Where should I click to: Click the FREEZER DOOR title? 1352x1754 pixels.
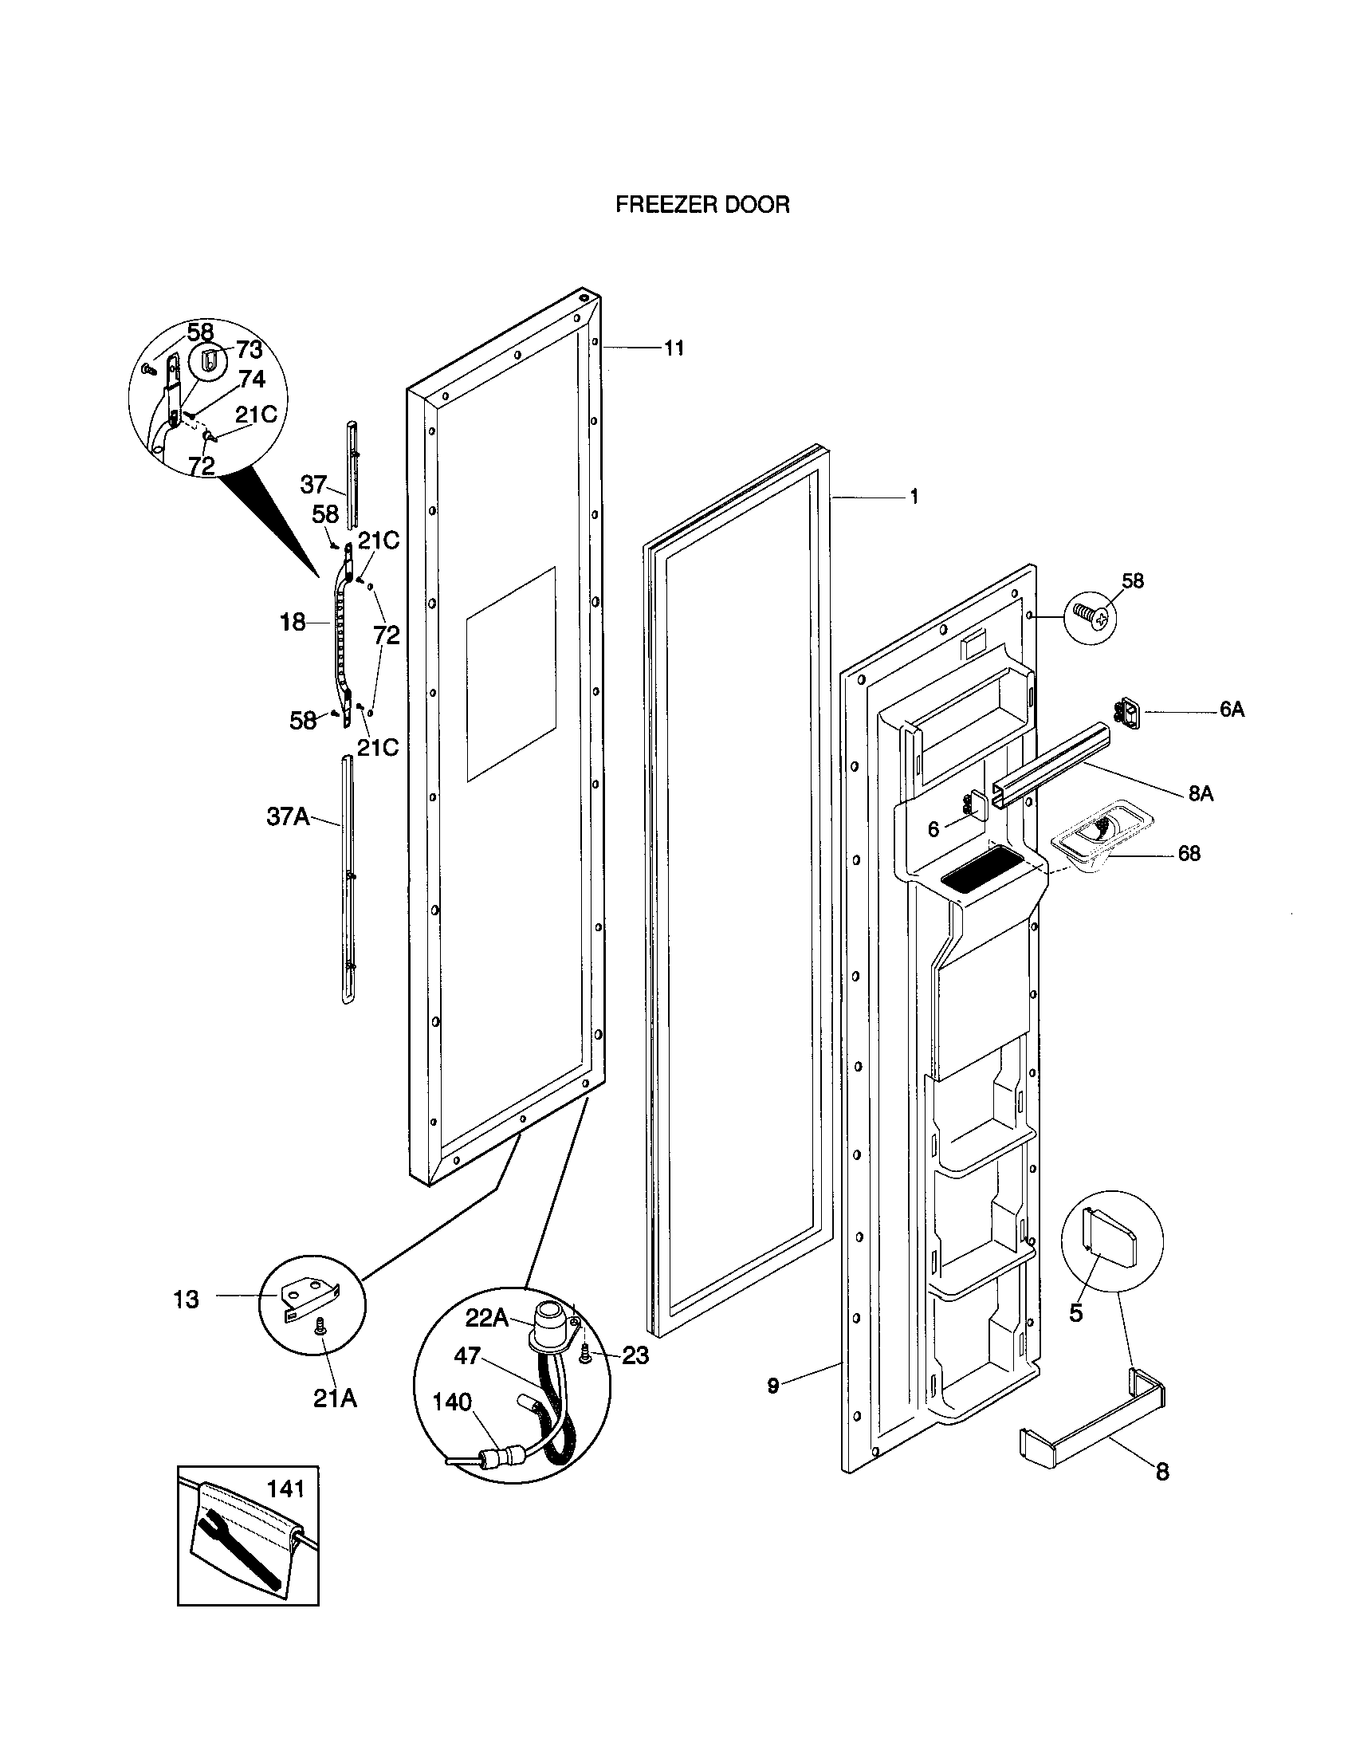[702, 205]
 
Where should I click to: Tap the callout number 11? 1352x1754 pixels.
[674, 348]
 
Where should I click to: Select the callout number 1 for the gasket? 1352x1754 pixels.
[913, 497]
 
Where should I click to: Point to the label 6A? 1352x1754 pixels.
[1232, 710]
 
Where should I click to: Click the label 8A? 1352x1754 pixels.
[1201, 793]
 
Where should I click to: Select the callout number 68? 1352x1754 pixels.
[1189, 853]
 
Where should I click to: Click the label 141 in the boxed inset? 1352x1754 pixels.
[286, 1489]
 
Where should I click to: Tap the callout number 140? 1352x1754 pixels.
[452, 1402]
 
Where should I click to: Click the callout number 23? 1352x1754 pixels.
[635, 1355]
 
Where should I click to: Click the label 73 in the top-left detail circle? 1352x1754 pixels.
[249, 350]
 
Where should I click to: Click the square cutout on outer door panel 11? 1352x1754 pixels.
[511, 673]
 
